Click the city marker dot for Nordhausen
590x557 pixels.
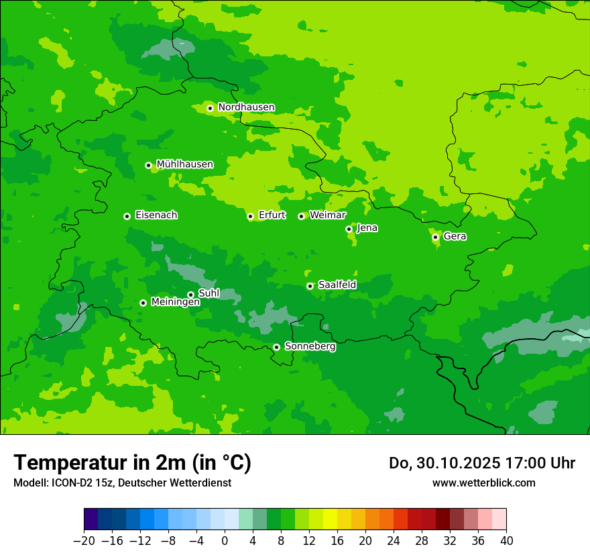pos(210,108)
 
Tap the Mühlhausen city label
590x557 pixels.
pos(184,164)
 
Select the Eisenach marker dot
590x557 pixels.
pos(127,216)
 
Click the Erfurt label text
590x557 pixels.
pos(272,215)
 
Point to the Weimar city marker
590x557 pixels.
pos(301,216)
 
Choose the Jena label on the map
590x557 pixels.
pos(367,228)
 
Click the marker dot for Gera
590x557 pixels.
pos(435,237)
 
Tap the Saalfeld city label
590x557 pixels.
pos(337,285)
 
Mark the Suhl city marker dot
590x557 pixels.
pos(190,295)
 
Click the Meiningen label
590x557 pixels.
pos(175,303)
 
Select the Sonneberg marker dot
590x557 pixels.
pos(276,347)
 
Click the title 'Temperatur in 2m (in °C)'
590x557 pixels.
pos(132,463)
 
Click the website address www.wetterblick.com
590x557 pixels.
pos(483,483)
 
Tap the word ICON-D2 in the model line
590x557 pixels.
pos(68,483)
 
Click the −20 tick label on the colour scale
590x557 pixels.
pos(84,541)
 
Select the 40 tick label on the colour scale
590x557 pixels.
pos(506,541)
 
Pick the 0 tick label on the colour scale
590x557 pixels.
pos(225,541)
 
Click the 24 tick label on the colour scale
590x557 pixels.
pos(394,541)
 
